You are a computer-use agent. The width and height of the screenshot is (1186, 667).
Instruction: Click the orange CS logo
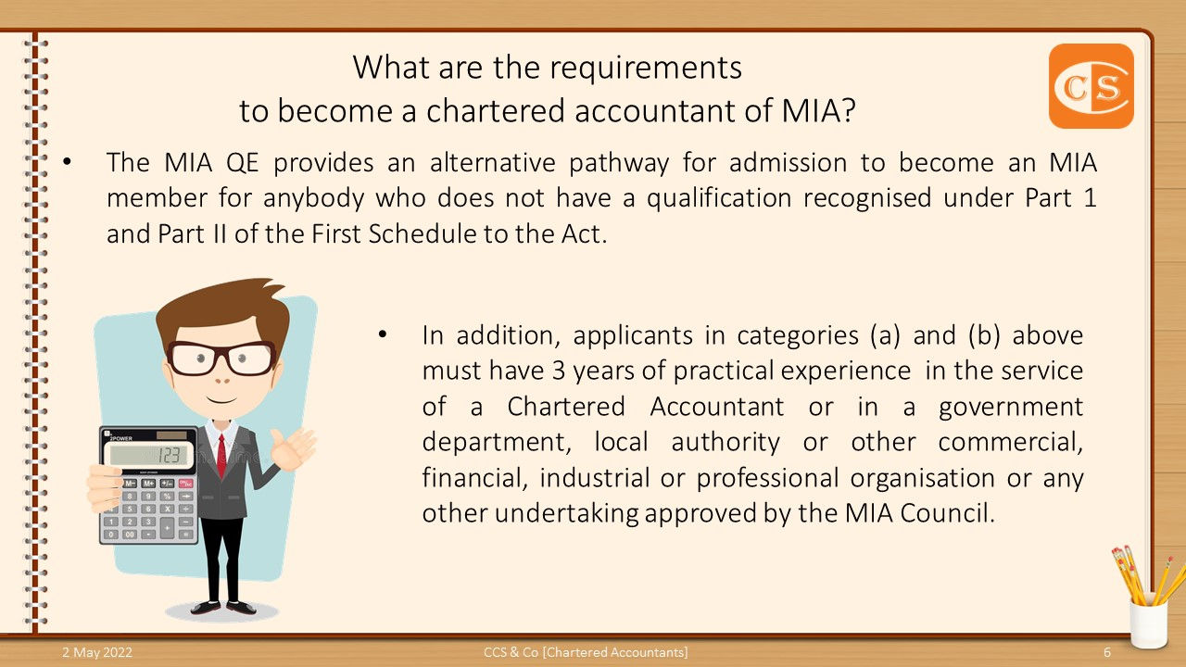point(1091,85)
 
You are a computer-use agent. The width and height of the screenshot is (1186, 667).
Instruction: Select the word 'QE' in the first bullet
point(243,162)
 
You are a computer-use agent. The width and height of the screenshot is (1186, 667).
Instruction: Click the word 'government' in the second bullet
point(1011,407)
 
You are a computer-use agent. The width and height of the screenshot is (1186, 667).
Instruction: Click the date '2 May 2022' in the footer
point(97,652)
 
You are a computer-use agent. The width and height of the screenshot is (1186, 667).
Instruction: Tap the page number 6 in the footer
point(1107,652)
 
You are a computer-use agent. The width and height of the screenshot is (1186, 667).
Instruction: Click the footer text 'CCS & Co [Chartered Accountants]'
point(586,652)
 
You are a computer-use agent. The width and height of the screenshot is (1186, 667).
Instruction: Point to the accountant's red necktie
point(221,454)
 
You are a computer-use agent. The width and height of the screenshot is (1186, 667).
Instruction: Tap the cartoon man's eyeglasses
point(221,358)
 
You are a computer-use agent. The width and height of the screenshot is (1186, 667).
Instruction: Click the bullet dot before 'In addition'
point(382,334)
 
